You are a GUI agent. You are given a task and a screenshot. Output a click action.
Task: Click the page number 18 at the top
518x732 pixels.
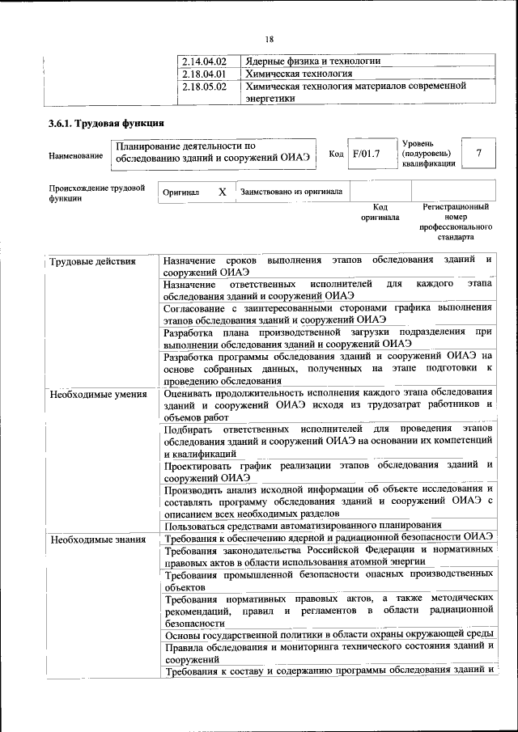[x=269, y=38]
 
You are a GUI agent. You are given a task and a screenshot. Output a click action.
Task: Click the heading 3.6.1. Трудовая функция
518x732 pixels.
[x=107, y=124]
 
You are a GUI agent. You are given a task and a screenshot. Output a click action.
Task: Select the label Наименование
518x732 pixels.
[x=75, y=155]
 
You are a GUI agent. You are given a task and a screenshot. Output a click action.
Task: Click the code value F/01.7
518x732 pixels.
[x=366, y=154]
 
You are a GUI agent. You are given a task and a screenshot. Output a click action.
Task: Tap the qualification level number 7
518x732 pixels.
[x=479, y=153]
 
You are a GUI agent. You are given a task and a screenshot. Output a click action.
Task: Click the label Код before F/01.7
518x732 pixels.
[x=336, y=154]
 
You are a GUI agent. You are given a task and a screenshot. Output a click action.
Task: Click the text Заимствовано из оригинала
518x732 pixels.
[x=291, y=193]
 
